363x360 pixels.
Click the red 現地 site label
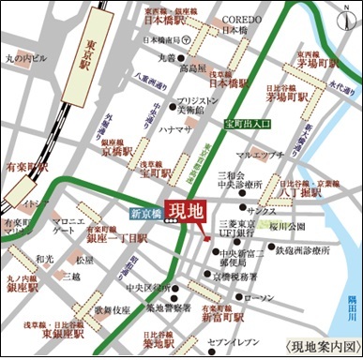tap(187, 211)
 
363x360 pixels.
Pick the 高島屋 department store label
tap(191, 68)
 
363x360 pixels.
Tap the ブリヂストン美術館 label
tap(199, 104)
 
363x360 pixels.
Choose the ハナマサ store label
tap(175, 128)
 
